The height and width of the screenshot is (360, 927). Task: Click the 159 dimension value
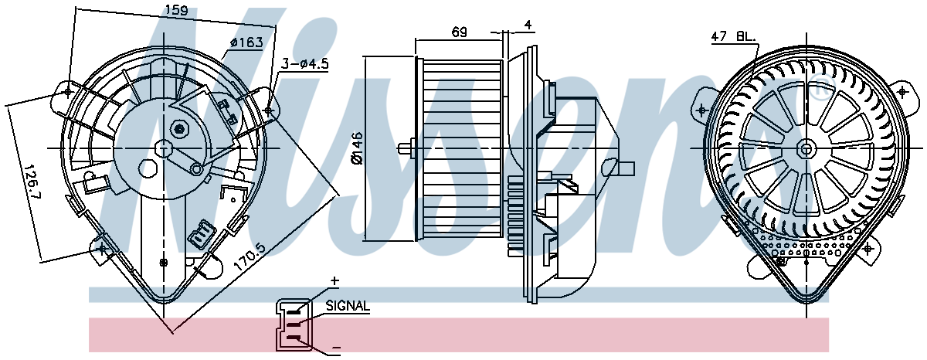pyautogui.click(x=176, y=9)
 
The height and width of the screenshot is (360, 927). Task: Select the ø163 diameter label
pyautogui.click(x=247, y=42)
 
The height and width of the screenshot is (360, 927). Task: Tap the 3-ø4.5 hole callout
pyautogui.click(x=305, y=63)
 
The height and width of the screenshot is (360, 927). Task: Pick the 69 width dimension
pyautogui.click(x=460, y=32)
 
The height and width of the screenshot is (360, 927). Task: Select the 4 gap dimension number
pyautogui.click(x=528, y=25)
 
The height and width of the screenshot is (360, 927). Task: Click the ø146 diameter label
pyautogui.click(x=357, y=148)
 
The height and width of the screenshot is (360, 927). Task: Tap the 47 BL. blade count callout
pyautogui.click(x=733, y=36)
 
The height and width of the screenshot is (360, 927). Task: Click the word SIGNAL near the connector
pyautogui.click(x=348, y=306)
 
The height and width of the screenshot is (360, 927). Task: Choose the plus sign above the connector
pyautogui.click(x=334, y=281)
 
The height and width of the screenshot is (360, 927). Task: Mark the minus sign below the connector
pyautogui.click(x=336, y=347)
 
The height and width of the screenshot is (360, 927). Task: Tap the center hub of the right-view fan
pyautogui.click(x=806, y=148)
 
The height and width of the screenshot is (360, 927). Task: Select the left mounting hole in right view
pyautogui.click(x=701, y=110)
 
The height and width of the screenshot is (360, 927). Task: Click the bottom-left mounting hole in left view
pyautogui.click(x=101, y=249)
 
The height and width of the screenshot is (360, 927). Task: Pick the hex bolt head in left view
pyautogui.click(x=179, y=129)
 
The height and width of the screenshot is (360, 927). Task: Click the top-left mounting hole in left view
pyautogui.click(x=68, y=92)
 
